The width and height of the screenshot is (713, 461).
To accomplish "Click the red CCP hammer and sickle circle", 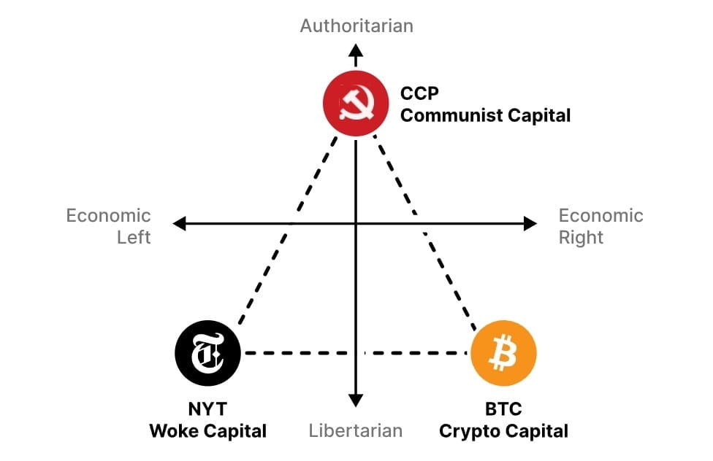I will pos(355,105).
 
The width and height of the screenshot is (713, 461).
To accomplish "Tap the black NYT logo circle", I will pos(207,353).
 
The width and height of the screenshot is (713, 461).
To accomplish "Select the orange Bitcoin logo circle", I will pos(503,353).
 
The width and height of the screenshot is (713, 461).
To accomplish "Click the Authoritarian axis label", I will pos(356,26).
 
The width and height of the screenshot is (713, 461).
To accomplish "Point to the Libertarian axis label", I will pos(356,430).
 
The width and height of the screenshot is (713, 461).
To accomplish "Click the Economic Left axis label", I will pos(109,226).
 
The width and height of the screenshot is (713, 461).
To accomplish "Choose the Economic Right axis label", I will pos(600,226).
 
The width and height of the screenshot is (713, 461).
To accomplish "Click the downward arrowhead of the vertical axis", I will pos(356,399).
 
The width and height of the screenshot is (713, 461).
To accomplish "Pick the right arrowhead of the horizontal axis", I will pos(530,224).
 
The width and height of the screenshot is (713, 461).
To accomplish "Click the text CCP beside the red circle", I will pos(420,94).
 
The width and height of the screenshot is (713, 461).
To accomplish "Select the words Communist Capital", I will pos(485,115).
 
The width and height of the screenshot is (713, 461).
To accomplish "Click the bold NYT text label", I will pos(207,409).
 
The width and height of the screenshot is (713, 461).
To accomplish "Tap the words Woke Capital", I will pos(207,430).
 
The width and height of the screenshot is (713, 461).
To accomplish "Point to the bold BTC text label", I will pos(503,409).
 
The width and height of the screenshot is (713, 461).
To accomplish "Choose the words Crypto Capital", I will pos(503,430).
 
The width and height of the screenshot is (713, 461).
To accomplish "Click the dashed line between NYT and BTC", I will pos(307,353).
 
